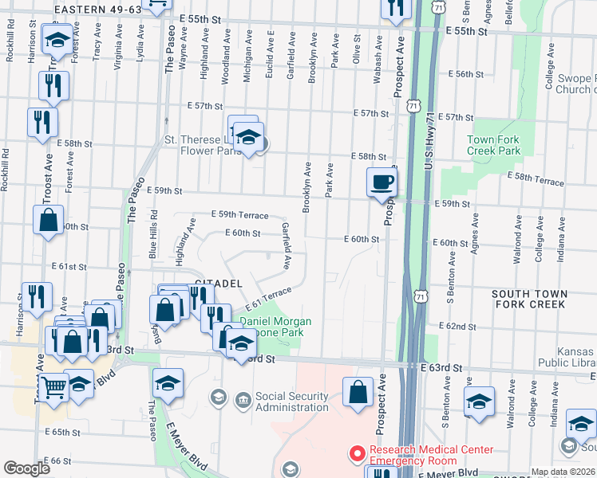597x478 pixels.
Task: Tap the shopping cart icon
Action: pos(53,388)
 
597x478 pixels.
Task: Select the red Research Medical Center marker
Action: pos(355,454)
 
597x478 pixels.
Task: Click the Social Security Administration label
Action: pos(291,402)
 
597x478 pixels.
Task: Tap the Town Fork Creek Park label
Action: pos(493,145)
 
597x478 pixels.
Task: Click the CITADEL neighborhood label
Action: pos(218,284)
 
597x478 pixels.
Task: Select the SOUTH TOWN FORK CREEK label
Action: pos(530,299)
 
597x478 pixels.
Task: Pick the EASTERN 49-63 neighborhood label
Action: pos(98,9)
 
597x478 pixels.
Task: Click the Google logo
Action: pos(27,468)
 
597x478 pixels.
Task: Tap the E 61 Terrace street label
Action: pos(265,300)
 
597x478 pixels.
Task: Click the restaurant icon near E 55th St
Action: pos(394,8)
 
